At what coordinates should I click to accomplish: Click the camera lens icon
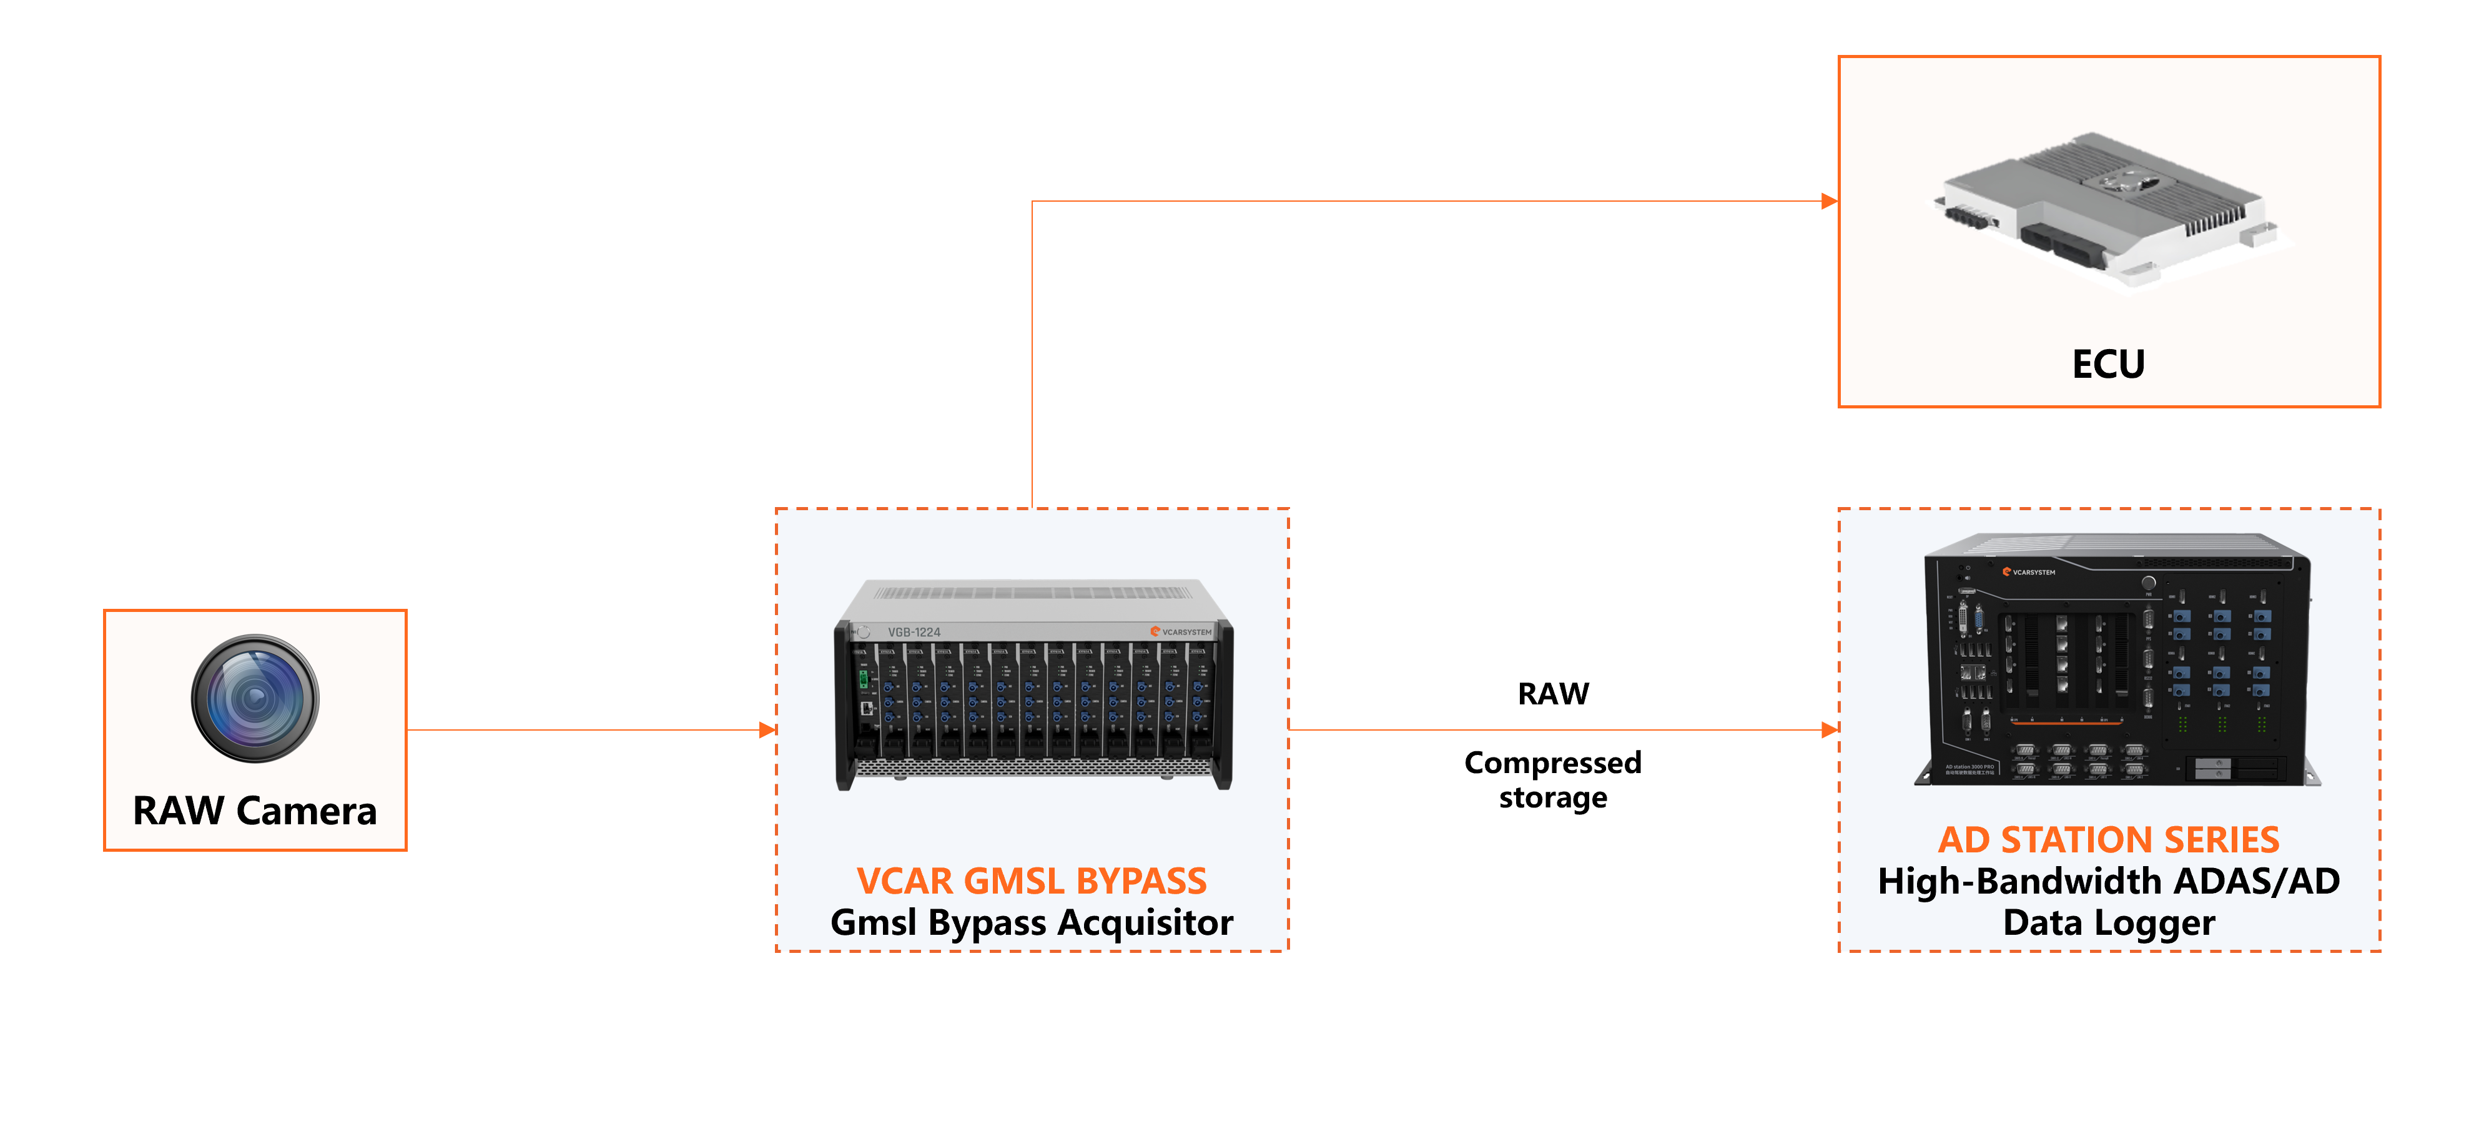click(x=255, y=698)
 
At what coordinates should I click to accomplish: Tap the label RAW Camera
click(x=255, y=811)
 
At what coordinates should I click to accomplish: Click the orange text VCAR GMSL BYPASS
click(x=1031, y=880)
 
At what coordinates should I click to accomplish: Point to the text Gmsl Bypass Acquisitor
click(x=1031, y=923)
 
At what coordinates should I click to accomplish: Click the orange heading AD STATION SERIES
click(x=2108, y=840)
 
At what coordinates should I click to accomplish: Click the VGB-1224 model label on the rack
click(x=913, y=633)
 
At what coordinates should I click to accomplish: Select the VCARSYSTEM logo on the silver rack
click(x=1181, y=632)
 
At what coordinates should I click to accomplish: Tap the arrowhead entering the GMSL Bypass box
click(x=767, y=730)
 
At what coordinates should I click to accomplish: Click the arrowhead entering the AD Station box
click(x=1828, y=730)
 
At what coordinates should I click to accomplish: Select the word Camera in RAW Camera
click(x=307, y=811)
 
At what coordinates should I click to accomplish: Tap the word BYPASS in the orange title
click(x=1141, y=880)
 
